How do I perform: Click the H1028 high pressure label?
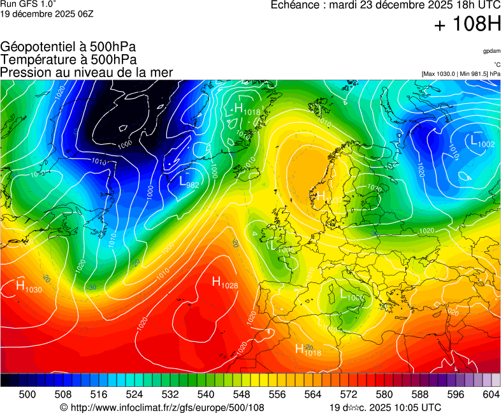click(x=224, y=282)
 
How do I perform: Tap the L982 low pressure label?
click(x=189, y=182)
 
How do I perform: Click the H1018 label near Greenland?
click(x=247, y=110)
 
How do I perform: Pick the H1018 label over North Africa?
click(x=308, y=349)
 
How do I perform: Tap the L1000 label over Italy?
click(x=352, y=294)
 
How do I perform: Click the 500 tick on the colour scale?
click(x=27, y=395)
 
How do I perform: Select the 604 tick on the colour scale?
click(x=491, y=395)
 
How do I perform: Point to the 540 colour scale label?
click(x=206, y=395)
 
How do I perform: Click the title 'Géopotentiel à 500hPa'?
click(x=68, y=47)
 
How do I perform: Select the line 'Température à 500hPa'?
click(x=68, y=59)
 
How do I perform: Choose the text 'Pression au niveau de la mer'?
click(x=86, y=72)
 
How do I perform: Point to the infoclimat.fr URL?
click(x=162, y=407)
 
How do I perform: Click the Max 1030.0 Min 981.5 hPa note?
click(x=461, y=74)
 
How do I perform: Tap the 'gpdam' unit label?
click(x=491, y=51)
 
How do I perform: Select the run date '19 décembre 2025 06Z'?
click(x=47, y=13)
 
